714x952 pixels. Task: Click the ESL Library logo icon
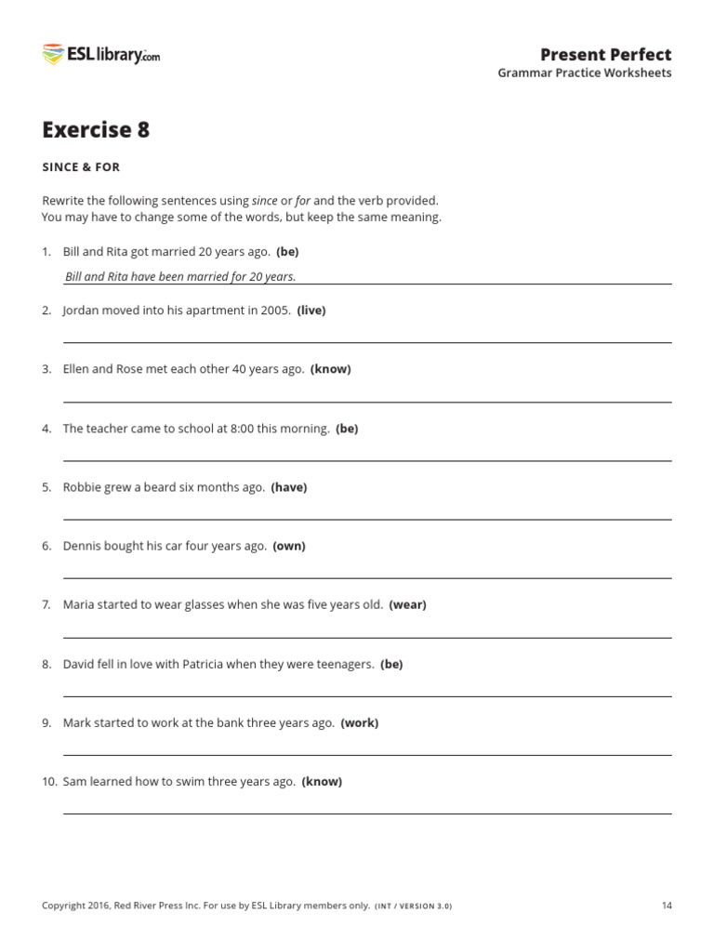52,54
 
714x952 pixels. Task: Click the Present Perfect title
605,54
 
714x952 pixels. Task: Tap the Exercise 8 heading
96,130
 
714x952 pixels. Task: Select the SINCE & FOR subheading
81,167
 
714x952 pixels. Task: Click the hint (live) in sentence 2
311,311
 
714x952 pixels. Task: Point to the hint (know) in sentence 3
331,369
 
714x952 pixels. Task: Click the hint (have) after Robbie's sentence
289,487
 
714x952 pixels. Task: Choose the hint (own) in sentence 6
289,546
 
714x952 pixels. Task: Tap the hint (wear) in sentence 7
407,604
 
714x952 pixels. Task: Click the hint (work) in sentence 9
360,722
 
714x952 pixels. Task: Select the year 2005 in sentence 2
276,311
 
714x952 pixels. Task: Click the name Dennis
83,546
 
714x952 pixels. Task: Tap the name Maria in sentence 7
79,604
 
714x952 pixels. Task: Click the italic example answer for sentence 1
180,276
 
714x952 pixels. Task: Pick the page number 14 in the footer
667,906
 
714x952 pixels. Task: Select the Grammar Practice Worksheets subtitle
584,73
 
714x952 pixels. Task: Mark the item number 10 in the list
49,782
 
